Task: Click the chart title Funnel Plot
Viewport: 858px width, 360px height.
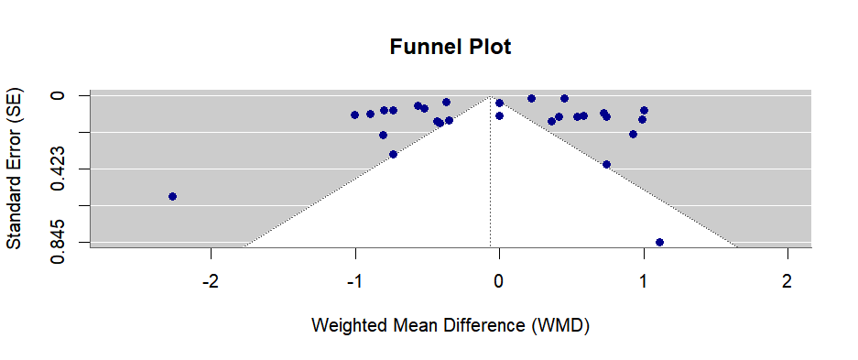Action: pos(451,47)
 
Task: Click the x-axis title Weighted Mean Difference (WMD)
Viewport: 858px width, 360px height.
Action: pos(450,325)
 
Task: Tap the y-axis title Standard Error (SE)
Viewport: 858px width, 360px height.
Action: pos(15,169)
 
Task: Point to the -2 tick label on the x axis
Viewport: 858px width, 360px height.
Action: pos(211,279)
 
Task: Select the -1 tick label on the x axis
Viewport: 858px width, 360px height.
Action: pos(354,279)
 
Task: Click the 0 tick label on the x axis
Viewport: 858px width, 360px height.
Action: pos(499,279)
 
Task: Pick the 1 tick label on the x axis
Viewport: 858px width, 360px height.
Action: pos(643,279)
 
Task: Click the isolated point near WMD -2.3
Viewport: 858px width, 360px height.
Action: pos(172,196)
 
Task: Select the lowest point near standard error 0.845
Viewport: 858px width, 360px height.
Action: pos(659,242)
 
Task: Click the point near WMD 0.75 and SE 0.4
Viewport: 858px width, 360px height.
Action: pos(606,164)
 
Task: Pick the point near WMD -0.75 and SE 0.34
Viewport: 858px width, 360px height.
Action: pos(393,154)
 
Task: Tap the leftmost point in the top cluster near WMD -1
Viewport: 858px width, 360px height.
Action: pos(354,115)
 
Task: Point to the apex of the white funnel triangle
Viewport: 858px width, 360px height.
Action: pos(492,96)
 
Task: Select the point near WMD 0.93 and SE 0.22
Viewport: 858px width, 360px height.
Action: pos(633,134)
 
